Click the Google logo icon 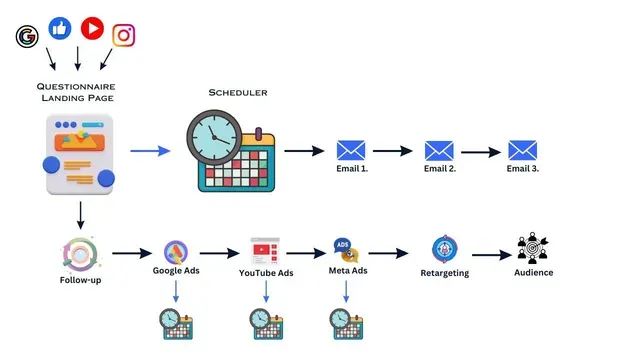26,37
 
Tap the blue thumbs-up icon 60,28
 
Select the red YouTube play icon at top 92,28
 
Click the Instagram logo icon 124,35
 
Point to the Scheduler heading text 237,93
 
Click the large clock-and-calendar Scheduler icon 229,151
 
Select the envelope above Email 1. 351,151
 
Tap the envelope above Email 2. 439,151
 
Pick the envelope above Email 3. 522,151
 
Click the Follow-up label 80,279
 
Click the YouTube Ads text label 266,272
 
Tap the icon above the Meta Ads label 345,251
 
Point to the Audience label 533,272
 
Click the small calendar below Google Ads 175,323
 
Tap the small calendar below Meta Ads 346,323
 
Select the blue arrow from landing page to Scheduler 150,151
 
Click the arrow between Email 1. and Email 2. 392,151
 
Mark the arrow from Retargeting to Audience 491,255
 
